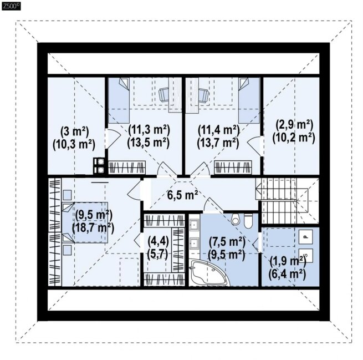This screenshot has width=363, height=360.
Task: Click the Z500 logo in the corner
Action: [x=11, y=6]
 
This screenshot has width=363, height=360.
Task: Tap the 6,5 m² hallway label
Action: [x=182, y=195]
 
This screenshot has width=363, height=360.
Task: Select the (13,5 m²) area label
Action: [x=148, y=142]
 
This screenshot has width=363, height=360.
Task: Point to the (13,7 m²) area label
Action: [x=218, y=143]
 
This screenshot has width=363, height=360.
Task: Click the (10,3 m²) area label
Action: [x=74, y=145]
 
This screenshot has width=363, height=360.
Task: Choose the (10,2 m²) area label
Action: [x=294, y=138]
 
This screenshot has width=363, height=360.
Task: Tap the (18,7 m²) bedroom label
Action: [x=93, y=228]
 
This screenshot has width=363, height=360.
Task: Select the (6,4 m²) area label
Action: [x=287, y=274]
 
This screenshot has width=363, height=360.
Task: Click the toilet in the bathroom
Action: [x=248, y=221]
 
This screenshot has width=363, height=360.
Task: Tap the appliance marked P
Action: [x=305, y=237]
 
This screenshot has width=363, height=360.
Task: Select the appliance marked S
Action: [x=305, y=256]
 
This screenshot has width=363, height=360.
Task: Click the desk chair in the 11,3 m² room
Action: [x=163, y=95]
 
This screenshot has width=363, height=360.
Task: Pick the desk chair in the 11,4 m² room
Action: [x=204, y=95]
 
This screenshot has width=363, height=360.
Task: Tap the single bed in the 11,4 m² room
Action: [x=249, y=100]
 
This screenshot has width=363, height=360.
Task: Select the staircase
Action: [x=288, y=201]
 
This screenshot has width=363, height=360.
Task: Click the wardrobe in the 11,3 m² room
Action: [x=127, y=168]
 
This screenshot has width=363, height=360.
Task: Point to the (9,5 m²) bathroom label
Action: [x=227, y=255]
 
